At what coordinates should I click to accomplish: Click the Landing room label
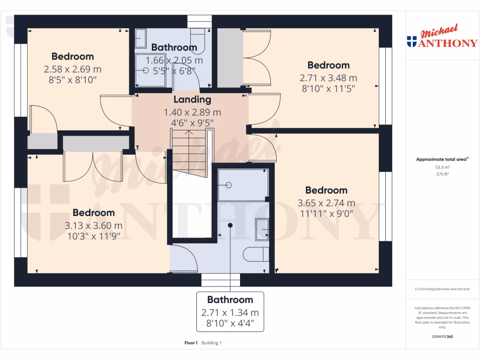click(x=192, y=99)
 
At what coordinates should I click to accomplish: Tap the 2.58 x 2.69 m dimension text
click(x=73, y=69)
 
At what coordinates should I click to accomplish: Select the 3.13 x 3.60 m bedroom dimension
click(x=93, y=225)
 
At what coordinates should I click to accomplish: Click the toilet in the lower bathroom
click(x=255, y=254)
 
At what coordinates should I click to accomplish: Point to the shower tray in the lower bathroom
click(x=242, y=185)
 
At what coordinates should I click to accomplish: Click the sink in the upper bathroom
click(x=141, y=38)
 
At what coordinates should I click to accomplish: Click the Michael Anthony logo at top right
click(x=442, y=37)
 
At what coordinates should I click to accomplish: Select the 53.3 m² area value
click(x=442, y=167)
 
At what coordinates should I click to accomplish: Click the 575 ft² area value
click(x=442, y=174)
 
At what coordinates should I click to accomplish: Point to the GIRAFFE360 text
click(x=442, y=337)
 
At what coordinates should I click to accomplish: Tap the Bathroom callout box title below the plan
click(x=230, y=300)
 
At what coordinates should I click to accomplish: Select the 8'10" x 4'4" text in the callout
click(x=230, y=323)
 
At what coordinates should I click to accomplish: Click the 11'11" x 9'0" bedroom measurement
click(x=326, y=213)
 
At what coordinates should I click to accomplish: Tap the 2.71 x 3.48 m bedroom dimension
click(x=328, y=78)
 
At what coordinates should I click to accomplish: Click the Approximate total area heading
click(x=442, y=159)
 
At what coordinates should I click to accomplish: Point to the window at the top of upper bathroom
click(x=200, y=22)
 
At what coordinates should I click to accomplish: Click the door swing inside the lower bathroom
click(x=185, y=259)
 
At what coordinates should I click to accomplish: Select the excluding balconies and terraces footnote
click(x=442, y=289)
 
